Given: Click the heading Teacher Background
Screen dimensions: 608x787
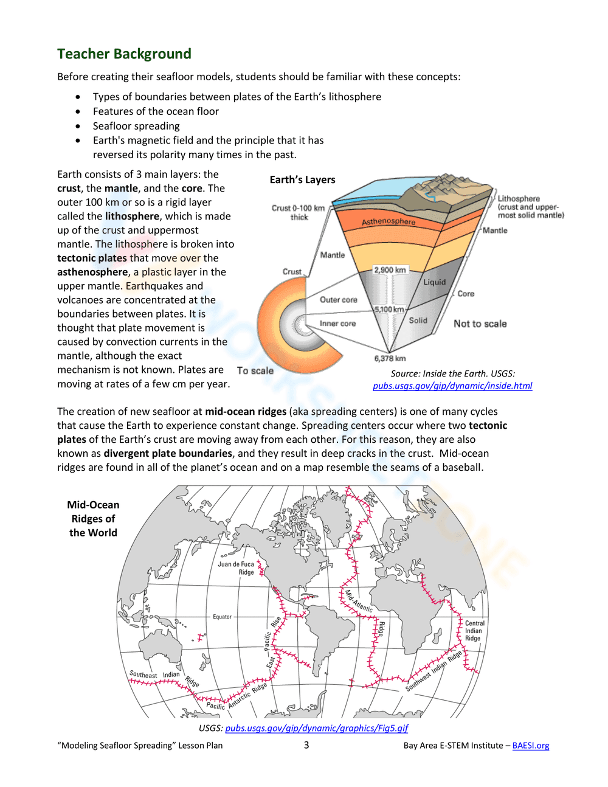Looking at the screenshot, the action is [x=124, y=54].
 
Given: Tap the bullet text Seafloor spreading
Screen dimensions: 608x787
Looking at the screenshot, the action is [x=136, y=126].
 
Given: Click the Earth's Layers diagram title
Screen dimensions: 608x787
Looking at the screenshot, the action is [x=302, y=179].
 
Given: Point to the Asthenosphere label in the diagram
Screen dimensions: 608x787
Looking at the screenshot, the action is [x=389, y=221].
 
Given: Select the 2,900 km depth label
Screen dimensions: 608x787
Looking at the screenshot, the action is [x=390, y=269].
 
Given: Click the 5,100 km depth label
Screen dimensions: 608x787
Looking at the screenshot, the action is [x=389, y=309].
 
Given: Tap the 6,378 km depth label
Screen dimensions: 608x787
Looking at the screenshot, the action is [x=390, y=358].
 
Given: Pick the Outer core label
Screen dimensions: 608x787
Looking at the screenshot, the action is [x=339, y=299].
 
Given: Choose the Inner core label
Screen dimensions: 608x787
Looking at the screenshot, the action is [x=337, y=324].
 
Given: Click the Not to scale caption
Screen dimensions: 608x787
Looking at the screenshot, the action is [x=480, y=324].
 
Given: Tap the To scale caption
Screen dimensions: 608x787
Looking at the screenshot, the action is [x=255, y=370].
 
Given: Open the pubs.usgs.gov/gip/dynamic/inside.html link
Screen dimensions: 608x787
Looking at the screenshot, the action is [x=452, y=386].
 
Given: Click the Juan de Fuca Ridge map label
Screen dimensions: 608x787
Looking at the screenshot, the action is [x=236, y=568].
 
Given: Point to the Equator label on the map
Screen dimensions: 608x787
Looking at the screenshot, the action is [x=222, y=617].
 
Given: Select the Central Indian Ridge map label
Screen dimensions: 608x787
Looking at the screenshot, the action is [x=474, y=631].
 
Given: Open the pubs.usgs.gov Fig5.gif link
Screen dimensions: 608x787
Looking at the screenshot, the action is [x=316, y=728].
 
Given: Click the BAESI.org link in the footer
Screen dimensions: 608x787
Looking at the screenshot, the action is [x=530, y=746].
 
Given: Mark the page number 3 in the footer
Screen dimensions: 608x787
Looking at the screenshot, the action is [x=306, y=745].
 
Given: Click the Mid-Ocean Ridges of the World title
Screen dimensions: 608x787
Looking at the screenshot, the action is [x=93, y=519].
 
